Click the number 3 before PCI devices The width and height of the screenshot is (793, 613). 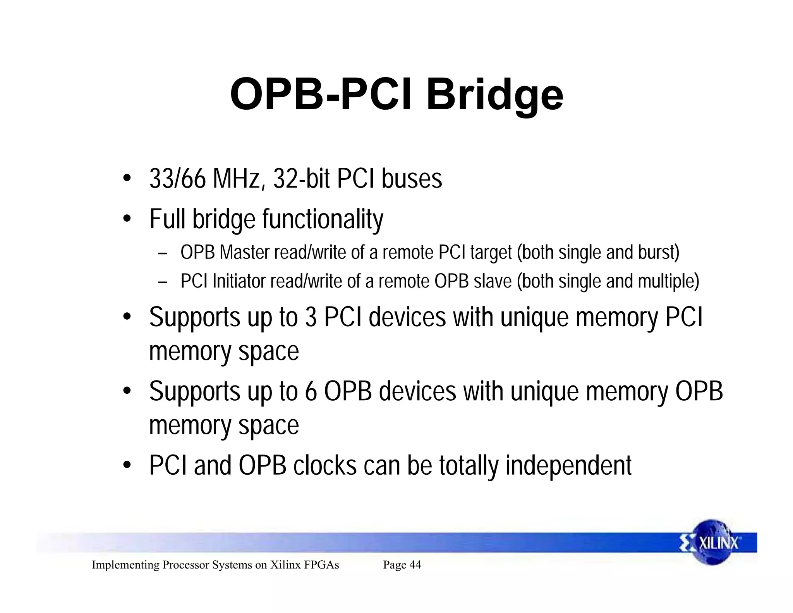[x=311, y=317]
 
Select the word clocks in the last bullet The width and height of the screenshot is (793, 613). [x=325, y=465]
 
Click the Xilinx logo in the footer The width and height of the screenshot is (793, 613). [x=712, y=542]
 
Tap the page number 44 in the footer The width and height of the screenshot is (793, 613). [x=415, y=565]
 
